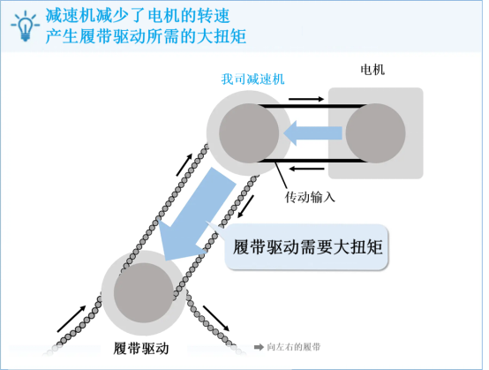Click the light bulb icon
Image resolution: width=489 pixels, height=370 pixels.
(26, 26)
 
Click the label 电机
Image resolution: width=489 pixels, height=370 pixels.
(372, 70)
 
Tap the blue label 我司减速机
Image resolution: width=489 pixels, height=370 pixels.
(253, 79)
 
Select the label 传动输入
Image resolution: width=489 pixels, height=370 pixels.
(310, 197)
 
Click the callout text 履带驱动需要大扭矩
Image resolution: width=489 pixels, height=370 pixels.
(307, 247)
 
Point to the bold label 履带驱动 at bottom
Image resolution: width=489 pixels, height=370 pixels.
(141, 348)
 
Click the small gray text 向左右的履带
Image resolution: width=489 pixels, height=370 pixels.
(294, 347)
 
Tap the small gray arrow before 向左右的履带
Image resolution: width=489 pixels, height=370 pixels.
(259, 347)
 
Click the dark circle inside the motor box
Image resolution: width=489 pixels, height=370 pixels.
(375, 133)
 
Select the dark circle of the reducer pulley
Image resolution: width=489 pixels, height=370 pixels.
(249, 133)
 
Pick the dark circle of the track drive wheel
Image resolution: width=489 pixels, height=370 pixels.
(144, 292)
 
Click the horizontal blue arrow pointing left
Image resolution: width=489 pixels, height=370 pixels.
(312, 133)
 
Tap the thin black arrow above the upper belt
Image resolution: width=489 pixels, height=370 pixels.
(306, 99)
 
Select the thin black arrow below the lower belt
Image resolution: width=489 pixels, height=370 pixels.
(307, 169)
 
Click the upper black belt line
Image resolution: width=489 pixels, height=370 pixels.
(312, 106)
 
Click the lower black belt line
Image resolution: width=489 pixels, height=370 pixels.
(312, 161)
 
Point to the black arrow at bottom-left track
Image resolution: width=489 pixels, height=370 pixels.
(71, 319)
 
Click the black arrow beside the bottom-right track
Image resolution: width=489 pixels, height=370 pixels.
(216, 318)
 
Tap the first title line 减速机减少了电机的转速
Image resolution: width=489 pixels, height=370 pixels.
(138, 16)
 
